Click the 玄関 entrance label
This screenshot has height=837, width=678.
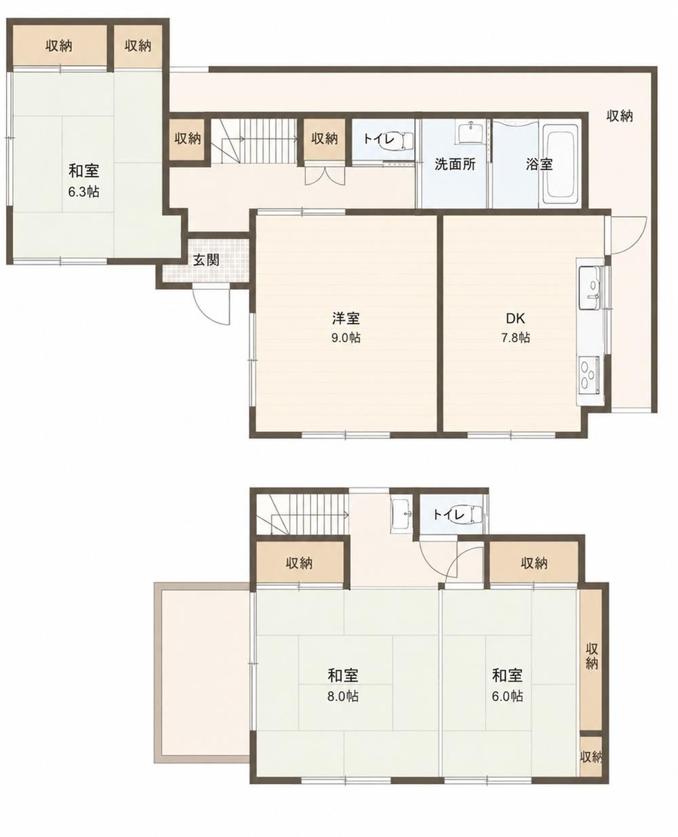coord(206,260)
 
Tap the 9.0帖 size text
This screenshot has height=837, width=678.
coord(346,337)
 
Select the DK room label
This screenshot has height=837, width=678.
coord(515,318)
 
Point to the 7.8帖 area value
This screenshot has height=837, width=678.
coord(515,337)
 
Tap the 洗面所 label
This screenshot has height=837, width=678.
coord(455,164)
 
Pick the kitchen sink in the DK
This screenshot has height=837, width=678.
coord(589,288)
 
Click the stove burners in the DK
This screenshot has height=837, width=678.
coord(589,375)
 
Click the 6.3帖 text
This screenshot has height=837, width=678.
coord(83,192)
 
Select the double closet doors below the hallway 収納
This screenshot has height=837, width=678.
coord(325,175)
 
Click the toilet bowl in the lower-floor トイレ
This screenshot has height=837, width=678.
coord(468,515)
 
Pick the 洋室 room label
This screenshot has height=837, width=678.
coord(346,318)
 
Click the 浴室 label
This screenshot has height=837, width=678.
coord(540,164)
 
